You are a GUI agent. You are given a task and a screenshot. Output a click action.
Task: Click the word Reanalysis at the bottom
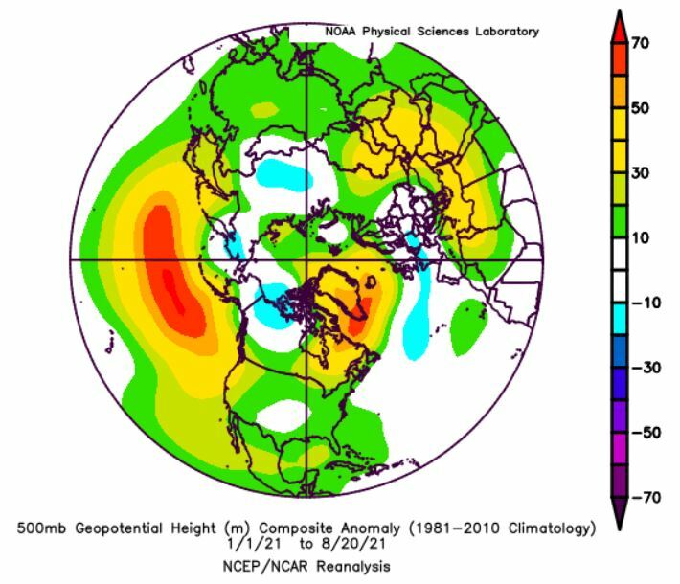click(351, 565)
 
